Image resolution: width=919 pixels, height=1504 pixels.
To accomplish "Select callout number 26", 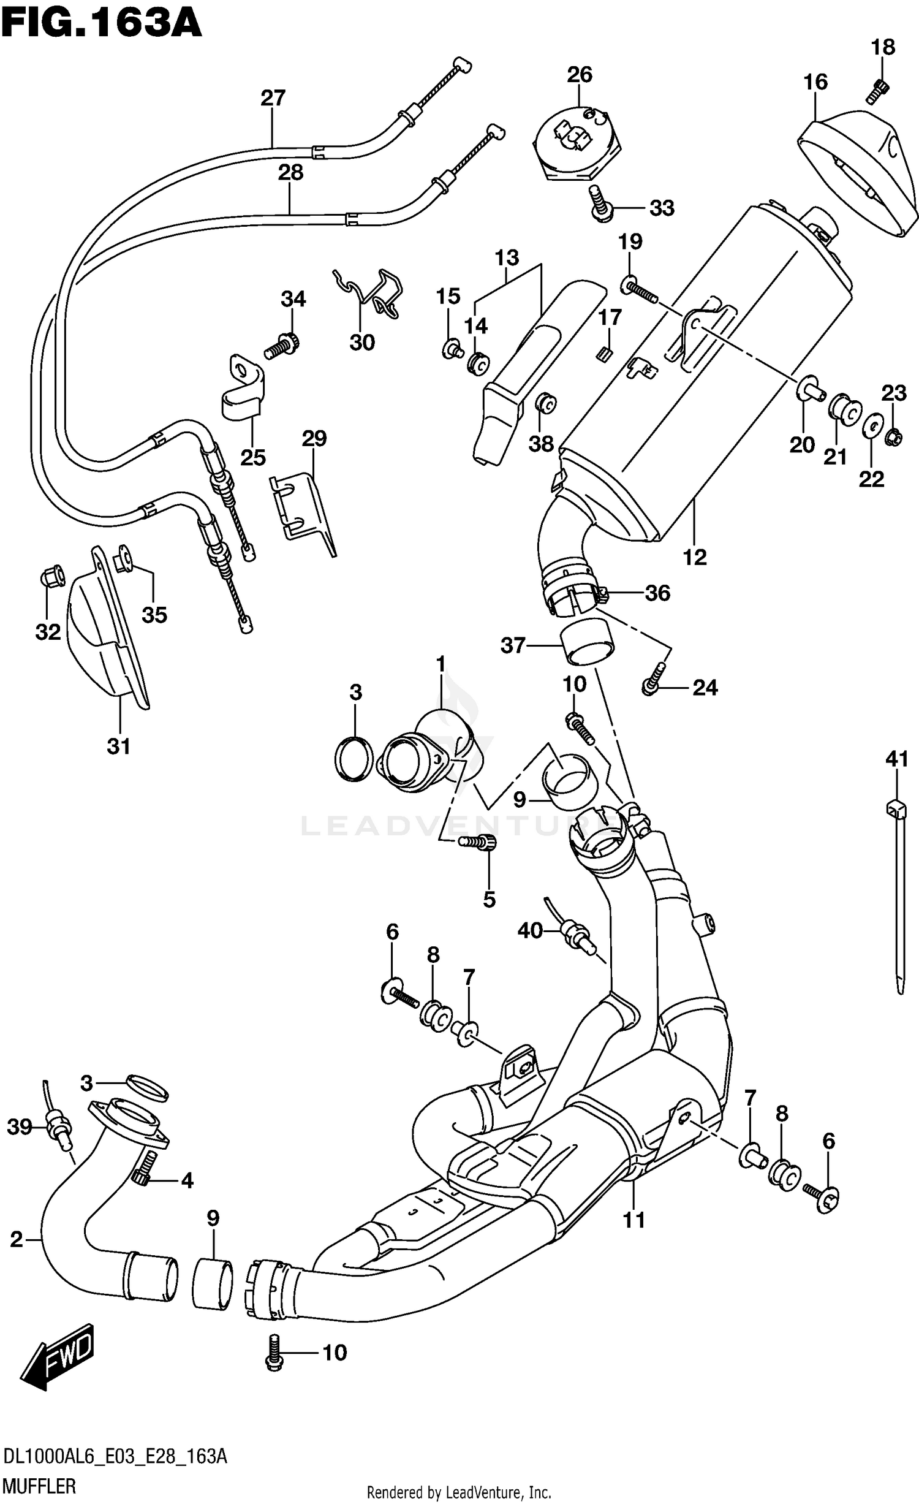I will click(579, 75).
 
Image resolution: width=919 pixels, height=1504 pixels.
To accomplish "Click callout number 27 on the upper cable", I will click(273, 98).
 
